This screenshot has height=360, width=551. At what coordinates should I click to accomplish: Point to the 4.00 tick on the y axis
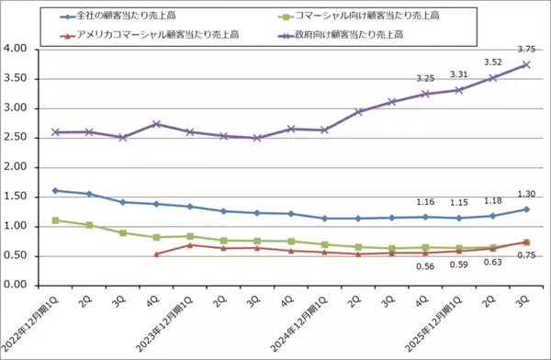coord(17,50)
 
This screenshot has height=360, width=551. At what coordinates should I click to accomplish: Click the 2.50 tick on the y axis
coord(17,138)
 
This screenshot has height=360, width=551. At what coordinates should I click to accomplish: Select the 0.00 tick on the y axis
coord(17,286)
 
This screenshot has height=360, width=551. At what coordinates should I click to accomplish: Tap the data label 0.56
coord(425,266)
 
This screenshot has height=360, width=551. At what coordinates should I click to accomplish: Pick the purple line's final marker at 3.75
coord(526,64)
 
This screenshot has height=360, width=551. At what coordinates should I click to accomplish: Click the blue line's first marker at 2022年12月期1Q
coord(56,190)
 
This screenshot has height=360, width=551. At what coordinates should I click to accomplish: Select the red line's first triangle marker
coord(156,253)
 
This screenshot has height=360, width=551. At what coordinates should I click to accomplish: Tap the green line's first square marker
coord(56,220)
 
